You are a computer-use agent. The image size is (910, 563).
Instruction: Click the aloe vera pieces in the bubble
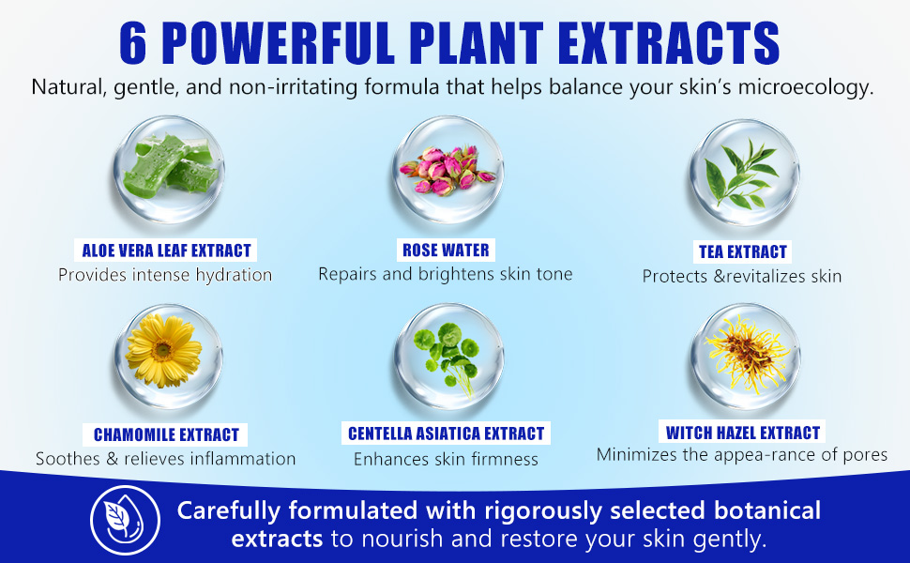(169, 167)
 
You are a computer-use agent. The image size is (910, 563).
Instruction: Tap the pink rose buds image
(447, 170)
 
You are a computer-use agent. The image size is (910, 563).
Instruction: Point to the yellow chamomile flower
(163, 351)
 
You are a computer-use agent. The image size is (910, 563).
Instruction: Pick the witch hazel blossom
(747, 354)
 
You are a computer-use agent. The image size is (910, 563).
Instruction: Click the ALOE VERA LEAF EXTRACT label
(166, 251)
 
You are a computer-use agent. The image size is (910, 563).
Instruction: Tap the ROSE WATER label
(446, 251)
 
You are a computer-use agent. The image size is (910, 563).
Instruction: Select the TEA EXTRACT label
(742, 251)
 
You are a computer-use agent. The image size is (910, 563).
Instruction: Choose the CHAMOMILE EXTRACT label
(166, 434)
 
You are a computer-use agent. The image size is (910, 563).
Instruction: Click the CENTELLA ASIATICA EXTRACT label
(446, 434)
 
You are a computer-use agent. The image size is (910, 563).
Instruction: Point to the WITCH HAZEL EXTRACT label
(742, 433)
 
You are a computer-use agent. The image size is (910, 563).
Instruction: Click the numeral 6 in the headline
(133, 43)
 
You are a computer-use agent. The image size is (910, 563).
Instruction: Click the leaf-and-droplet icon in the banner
(126, 520)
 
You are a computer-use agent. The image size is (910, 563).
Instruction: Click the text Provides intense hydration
(165, 275)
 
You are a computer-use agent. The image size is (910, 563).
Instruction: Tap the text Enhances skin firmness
(446, 459)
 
